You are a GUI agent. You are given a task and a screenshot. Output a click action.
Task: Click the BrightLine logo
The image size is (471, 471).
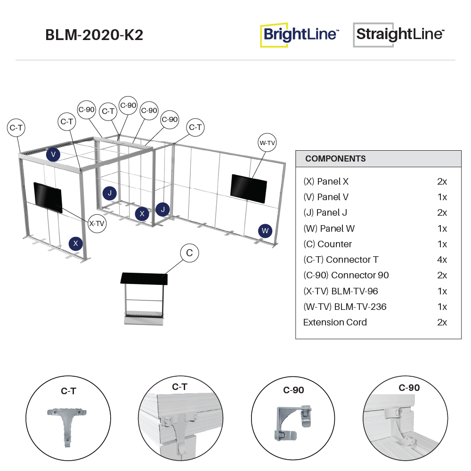[x=300, y=34]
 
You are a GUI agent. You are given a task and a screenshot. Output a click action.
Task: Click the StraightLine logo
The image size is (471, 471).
[x=399, y=34]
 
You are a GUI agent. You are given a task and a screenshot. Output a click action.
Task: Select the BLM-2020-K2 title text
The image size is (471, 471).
[x=94, y=35]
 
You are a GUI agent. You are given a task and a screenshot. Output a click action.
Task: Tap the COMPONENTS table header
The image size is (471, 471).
[x=335, y=159]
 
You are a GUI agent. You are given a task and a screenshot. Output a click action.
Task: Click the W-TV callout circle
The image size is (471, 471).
[x=267, y=143]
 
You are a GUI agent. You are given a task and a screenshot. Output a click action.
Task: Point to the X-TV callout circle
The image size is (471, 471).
[x=97, y=223]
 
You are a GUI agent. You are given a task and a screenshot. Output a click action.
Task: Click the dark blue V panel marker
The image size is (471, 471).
[x=53, y=154]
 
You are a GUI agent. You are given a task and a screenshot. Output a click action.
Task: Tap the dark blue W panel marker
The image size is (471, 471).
[x=265, y=230]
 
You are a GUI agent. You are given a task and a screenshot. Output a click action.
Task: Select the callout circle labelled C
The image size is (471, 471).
[x=189, y=253]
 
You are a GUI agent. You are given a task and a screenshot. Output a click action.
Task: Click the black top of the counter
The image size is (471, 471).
[x=144, y=278]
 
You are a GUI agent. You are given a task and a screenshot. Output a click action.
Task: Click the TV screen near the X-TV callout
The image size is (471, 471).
[x=48, y=197]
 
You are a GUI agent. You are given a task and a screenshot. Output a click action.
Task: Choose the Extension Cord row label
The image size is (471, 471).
[x=335, y=322]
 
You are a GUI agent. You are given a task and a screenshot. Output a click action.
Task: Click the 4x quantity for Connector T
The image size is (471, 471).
[x=442, y=260]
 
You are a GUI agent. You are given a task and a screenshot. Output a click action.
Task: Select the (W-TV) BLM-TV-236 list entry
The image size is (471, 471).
[x=345, y=307]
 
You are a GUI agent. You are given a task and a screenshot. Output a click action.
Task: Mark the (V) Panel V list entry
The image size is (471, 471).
[x=326, y=197]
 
